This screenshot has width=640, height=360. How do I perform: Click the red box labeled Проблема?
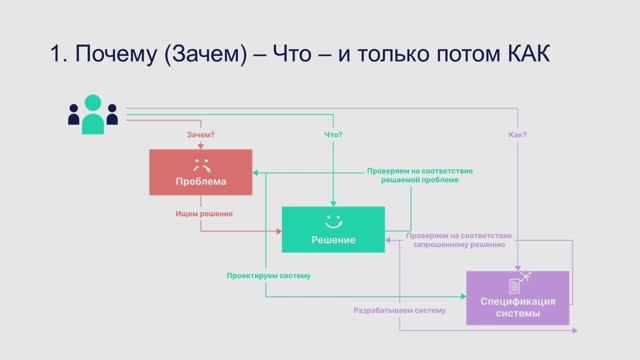tap(200, 172)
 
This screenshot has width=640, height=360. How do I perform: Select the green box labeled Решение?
tap(333, 229)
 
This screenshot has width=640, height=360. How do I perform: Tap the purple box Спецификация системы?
tap(518, 297)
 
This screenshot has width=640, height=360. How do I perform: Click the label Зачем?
tap(201, 134)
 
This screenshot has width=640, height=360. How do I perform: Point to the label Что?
tap(334, 134)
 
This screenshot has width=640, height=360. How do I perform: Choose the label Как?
tap(518, 134)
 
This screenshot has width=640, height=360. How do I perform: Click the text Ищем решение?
tap(204, 214)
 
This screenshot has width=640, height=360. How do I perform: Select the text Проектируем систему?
tap(269, 275)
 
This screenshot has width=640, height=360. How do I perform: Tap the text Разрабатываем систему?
tap(399, 310)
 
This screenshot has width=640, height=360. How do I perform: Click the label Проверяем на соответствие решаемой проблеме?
tap(420, 175)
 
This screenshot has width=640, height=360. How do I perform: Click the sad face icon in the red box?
tap(200, 162)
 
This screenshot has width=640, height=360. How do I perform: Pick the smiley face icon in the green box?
tap(333, 219)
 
